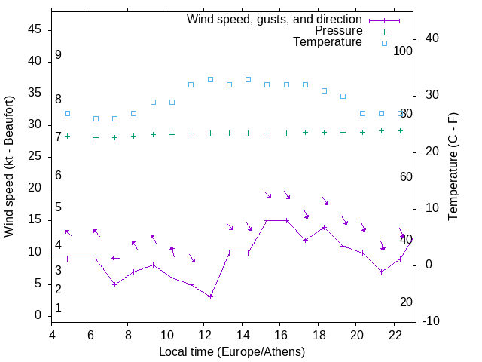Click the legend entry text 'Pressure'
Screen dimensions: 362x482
pos(338,31)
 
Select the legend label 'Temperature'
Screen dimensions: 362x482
pos(328,42)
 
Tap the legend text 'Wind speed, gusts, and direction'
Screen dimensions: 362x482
pos(274,19)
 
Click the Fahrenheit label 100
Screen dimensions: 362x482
pos(404,51)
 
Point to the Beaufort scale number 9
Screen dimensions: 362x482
pos(58,55)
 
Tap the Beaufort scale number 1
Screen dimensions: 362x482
pos(58,308)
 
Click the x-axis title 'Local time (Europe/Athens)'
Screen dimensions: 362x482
pos(232,351)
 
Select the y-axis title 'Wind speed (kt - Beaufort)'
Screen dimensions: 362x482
pos(10,167)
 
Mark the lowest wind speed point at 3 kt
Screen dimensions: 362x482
pos(210,296)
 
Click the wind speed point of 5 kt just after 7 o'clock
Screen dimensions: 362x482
pos(115,284)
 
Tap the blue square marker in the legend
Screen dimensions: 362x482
pos(384,43)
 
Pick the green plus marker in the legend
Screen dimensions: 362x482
pos(384,32)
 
